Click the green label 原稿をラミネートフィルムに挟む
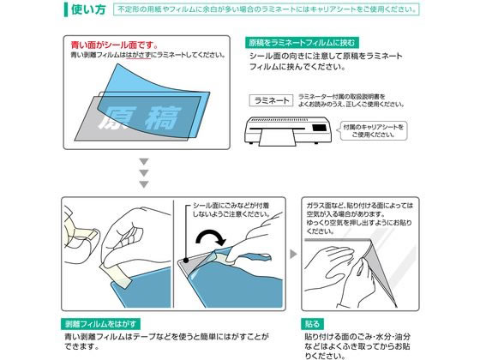[x=301, y=42]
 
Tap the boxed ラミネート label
[x=272, y=99]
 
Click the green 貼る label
[x=314, y=325]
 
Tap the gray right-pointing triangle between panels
[x=292, y=254]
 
